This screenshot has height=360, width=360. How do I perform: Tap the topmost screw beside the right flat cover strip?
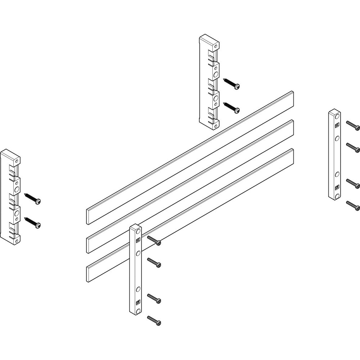(353, 125)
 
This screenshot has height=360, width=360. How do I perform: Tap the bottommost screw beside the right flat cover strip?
(353, 205)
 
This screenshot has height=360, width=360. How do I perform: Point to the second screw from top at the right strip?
(353, 147)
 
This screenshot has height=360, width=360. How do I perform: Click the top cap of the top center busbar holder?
(209, 39)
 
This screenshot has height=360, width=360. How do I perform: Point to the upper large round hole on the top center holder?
(216, 75)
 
